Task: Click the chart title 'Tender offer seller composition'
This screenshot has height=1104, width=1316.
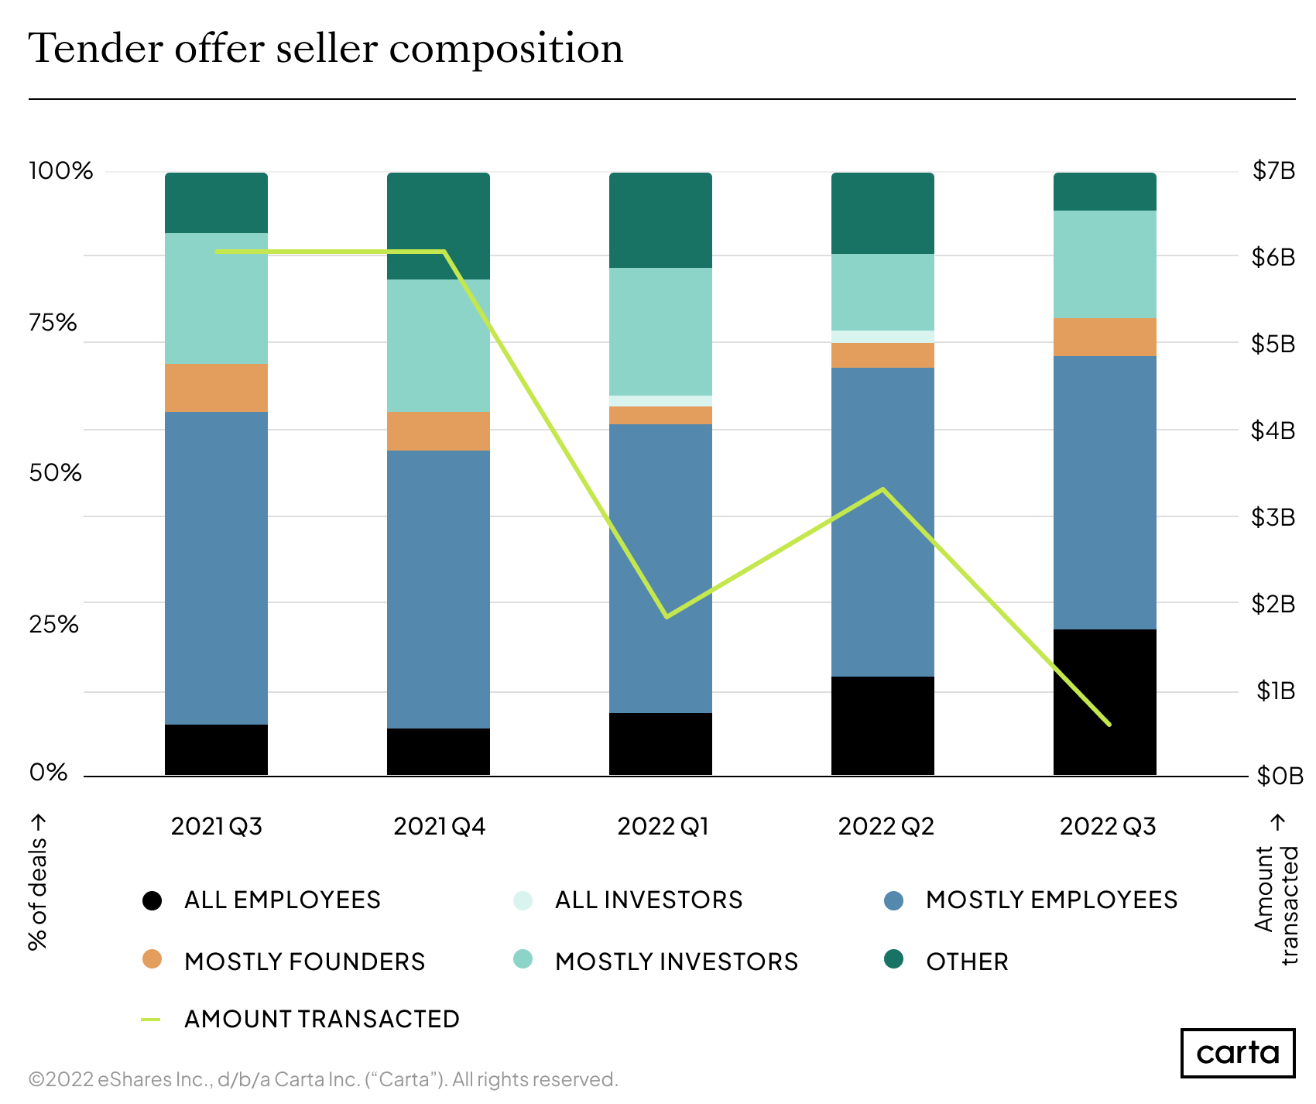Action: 325,49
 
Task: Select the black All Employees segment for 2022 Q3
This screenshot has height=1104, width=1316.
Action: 1105,701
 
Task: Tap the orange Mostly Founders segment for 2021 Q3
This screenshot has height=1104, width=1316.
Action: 216,387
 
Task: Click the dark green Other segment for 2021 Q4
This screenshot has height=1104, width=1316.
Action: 438,225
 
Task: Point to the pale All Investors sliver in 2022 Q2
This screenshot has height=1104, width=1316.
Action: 882,337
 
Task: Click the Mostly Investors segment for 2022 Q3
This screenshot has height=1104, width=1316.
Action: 1105,264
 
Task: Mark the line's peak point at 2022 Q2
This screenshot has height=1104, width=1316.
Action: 882,489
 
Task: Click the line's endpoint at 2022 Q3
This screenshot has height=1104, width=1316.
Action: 1109,725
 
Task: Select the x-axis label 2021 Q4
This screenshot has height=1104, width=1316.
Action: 439,826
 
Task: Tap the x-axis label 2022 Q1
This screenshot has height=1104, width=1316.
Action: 663,826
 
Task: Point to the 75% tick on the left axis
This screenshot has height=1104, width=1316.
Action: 53,322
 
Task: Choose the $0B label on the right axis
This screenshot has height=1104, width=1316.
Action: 1279,775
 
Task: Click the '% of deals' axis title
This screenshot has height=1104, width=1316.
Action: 37,882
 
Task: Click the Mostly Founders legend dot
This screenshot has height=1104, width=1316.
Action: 153,960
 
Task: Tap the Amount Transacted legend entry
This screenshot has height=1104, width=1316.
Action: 321,1019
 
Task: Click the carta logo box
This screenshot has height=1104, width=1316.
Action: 1237,1053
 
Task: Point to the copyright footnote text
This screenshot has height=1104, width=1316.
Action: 323,1079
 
